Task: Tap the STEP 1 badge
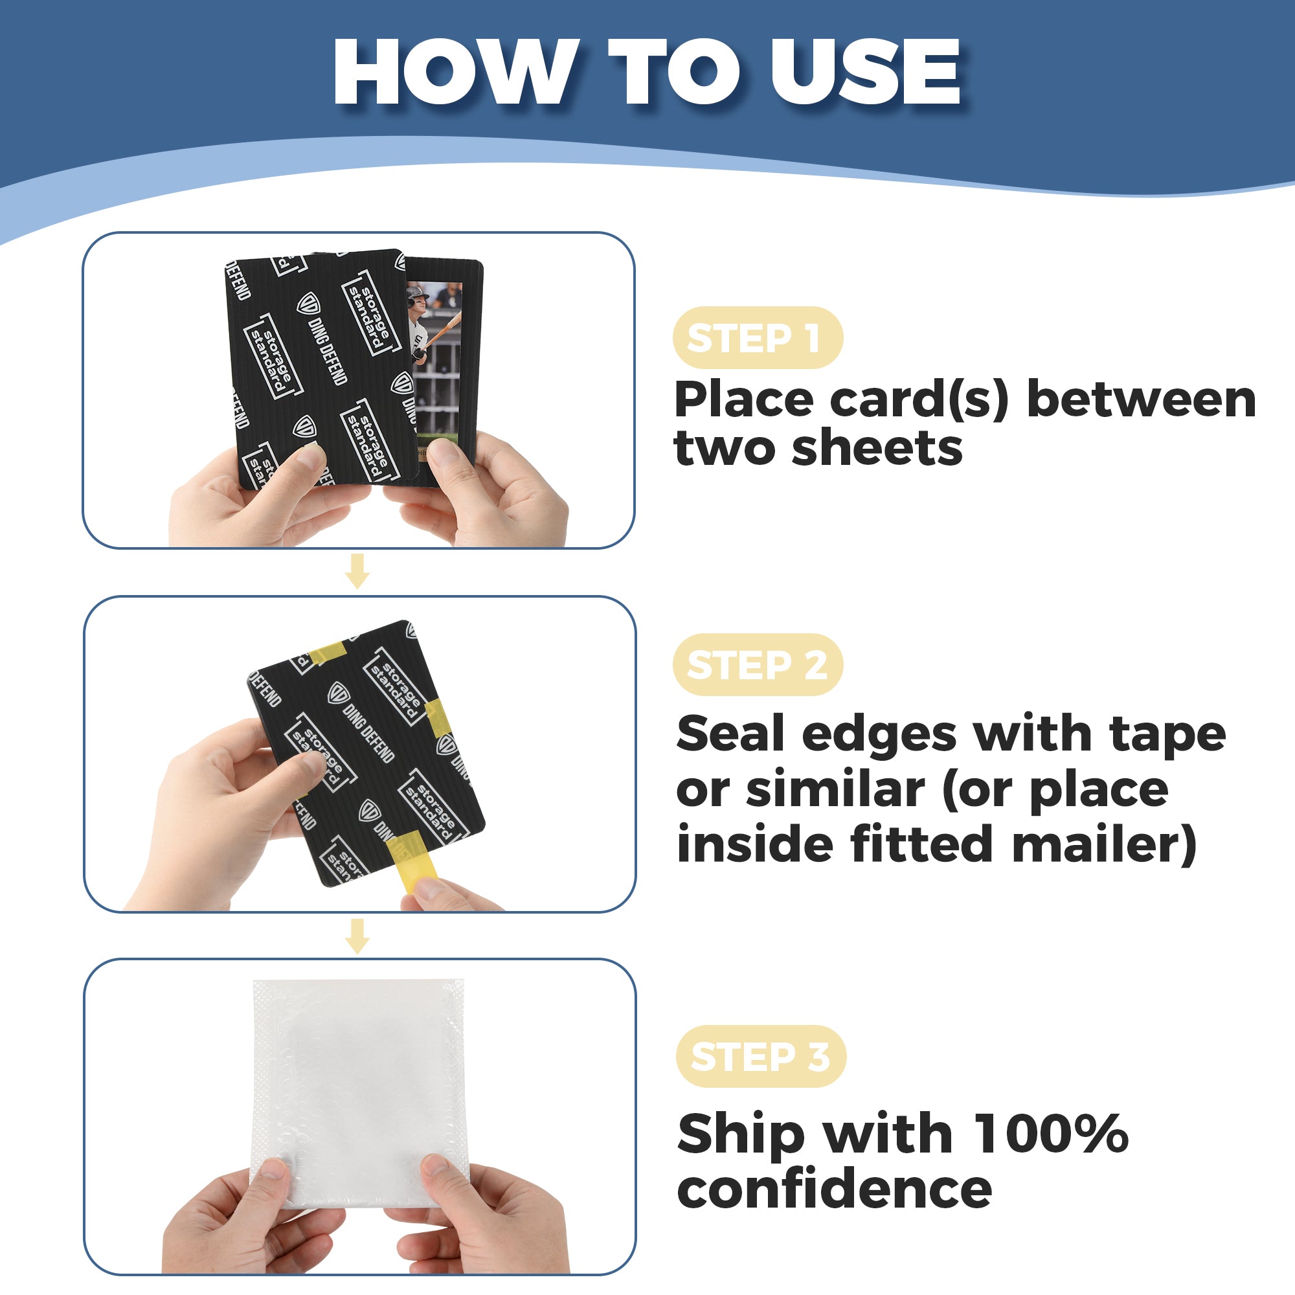tap(757, 338)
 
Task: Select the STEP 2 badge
tap(758, 665)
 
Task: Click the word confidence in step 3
tap(835, 1189)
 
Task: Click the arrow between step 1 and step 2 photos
tap(357, 571)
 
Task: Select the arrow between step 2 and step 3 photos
tap(357, 936)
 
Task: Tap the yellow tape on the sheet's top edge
tap(327, 652)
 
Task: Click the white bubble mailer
tap(360, 1092)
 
